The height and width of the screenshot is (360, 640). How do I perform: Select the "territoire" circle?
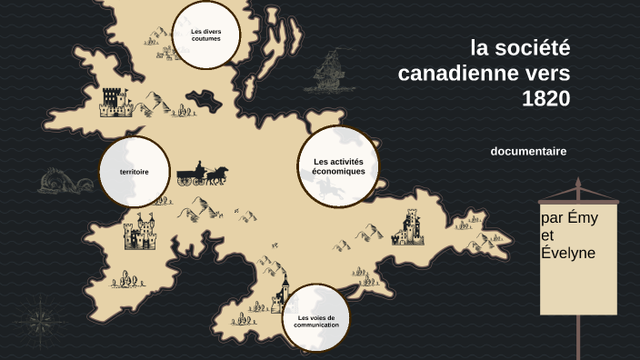point(134,171)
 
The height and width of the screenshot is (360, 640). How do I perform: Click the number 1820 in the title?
point(546,98)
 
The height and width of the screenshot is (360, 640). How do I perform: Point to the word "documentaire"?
point(528,151)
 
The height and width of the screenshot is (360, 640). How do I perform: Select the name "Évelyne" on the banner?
point(567,253)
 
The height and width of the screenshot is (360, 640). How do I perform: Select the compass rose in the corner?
point(38,319)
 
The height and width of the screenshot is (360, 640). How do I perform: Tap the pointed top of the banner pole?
point(577,184)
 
